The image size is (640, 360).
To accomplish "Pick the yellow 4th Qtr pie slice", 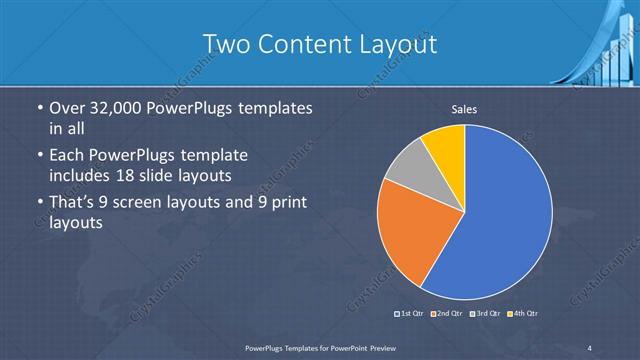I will tap(446, 145).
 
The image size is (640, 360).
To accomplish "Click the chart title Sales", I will tap(463, 108).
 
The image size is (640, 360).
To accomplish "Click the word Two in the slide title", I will tap(224, 44).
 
